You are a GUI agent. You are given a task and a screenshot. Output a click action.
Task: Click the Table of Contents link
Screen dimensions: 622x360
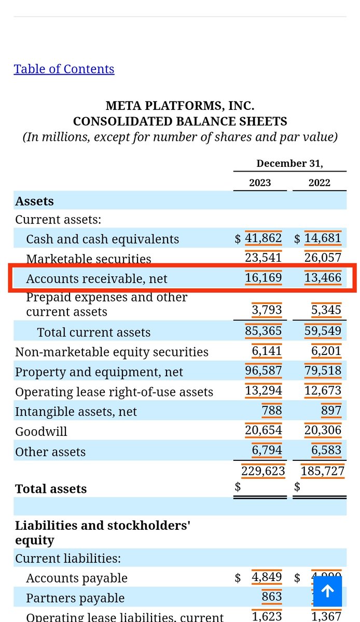[x=64, y=69]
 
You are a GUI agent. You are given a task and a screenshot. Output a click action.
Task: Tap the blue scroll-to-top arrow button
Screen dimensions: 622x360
[x=327, y=591]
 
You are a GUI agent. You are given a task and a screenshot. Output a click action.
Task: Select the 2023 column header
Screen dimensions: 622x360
[x=260, y=182]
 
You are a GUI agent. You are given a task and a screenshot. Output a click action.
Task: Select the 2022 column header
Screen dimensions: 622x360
[x=319, y=182]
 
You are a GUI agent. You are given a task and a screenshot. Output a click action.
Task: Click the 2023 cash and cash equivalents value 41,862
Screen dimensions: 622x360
[x=264, y=238]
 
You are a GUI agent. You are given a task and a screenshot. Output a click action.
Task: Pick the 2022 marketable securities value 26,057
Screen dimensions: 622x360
[x=323, y=258]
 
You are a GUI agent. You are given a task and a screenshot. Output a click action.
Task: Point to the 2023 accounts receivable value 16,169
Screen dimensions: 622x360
[x=264, y=278]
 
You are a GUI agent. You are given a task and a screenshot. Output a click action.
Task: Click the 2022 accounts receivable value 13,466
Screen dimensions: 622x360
[x=323, y=278]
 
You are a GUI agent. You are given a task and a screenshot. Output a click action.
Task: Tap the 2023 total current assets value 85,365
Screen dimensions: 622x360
[x=264, y=331]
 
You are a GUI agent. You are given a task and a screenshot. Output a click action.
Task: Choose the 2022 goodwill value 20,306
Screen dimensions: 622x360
[x=323, y=430]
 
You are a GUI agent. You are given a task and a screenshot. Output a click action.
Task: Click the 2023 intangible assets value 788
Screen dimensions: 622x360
[x=272, y=411]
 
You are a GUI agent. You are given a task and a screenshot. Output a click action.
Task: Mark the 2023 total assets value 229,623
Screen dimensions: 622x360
[x=263, y=471]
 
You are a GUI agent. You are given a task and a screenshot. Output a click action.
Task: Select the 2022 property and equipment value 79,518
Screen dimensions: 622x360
[x=323, y=371]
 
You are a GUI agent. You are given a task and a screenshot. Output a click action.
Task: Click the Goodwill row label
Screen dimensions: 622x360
[x=41, y=431]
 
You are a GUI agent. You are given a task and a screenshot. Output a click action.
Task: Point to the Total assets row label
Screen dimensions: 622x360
[x=51, y=489]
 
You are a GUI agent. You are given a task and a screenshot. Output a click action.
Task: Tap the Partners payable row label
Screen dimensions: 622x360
[x=75, y=598]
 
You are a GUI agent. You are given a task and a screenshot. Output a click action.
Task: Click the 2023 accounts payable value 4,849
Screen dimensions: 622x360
[x=267, y=577]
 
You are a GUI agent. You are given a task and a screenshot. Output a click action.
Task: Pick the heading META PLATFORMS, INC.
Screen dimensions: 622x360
[x=180, y=106]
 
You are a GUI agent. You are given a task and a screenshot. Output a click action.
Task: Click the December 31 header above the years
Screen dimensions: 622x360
[x=289, y=163]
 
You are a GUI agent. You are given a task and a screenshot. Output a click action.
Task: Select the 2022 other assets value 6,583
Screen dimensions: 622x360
[x=326, y=450]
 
